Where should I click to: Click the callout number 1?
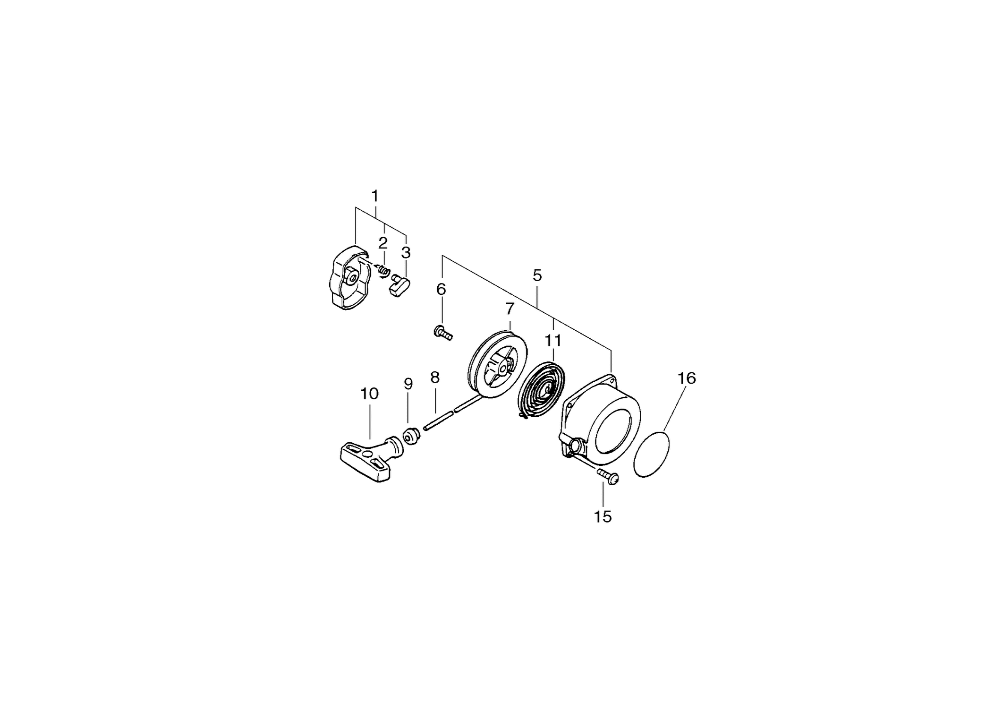pos(375,196)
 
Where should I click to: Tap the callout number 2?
pos(383,243)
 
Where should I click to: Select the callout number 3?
pos(406,253)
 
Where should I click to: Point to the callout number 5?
pos(537,275)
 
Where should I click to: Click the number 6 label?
pos(441,289)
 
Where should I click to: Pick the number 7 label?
pos(509,309)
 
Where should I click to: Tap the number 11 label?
pos(553,340)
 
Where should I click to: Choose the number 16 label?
pos(687,378)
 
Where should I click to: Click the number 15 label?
pos(603,517)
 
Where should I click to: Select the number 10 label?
pos(369,394)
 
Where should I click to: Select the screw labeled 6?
pos(443,332)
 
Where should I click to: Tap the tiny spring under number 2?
pos(383,270)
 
